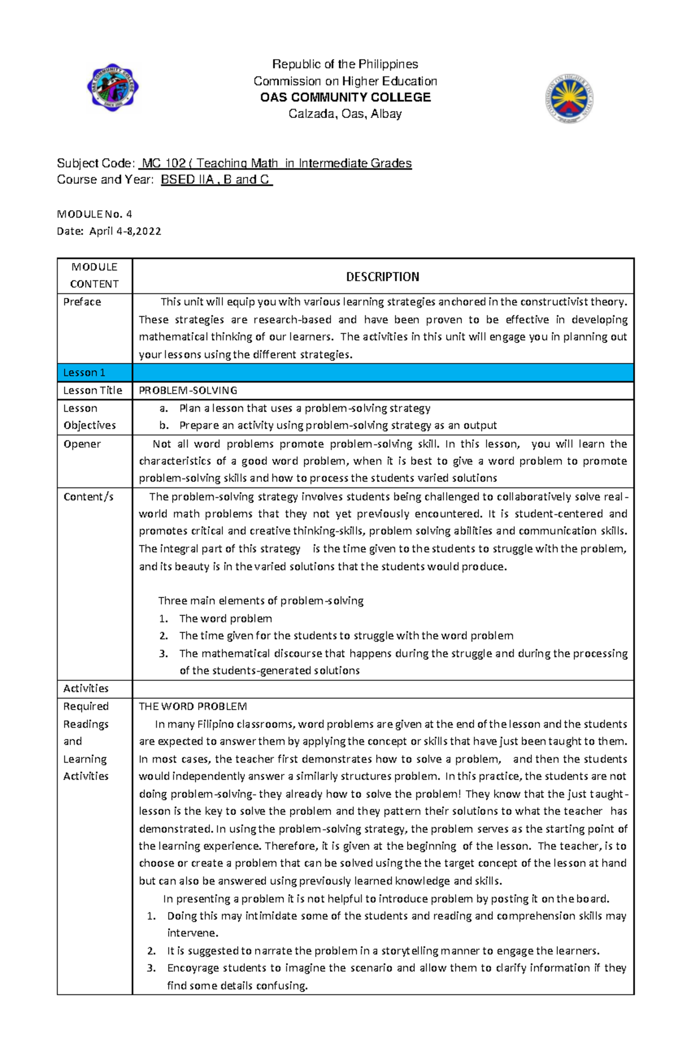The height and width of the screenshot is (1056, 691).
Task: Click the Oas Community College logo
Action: point(113,87)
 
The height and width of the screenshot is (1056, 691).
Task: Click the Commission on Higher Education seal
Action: point(569,99)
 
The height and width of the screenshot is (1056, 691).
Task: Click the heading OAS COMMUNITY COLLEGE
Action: point(345,97)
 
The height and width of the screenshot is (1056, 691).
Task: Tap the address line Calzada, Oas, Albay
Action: point(345,114)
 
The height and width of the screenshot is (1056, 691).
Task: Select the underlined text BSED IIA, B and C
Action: point(216,180)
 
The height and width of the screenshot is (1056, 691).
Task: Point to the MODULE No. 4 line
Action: point(94,214)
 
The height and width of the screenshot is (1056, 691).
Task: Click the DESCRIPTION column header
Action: point(382,277)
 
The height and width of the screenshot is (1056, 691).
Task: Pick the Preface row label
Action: point(82,302)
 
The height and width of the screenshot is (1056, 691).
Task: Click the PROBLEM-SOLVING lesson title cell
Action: point(188,390)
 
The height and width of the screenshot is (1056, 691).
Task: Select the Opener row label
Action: point(82,444)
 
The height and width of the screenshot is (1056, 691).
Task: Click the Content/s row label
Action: point(88,497)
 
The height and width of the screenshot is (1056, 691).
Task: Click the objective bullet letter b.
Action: point(164,425)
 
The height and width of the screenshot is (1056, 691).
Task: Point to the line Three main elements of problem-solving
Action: point(260,601)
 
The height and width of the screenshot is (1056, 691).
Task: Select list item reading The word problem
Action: point(225,619)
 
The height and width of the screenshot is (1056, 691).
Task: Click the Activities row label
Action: point(86,688)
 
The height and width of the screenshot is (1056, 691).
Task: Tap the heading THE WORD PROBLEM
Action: point(192,706)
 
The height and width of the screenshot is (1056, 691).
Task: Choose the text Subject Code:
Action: point(96,163)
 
